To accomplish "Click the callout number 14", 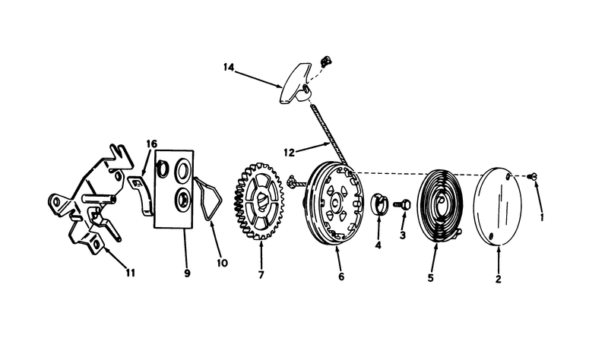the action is tap(229, 68).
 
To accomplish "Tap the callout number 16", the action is tap(151, 144).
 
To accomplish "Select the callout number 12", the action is tap(290, 153).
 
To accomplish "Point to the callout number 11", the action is tap(130, 273).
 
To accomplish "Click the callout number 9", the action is tap(187, 273).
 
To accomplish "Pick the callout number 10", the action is tap(222, 263).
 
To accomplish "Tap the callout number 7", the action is tap(261, 275).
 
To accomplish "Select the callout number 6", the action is tap(341, 276).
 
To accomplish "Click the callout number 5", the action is tap(430, 278).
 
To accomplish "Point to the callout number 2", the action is tap(499, 279).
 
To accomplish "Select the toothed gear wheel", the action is tap(259, 201).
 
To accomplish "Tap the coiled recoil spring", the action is tap(441, 204).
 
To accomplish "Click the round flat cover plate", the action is tap(499, 206).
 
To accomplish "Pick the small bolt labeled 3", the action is tap(402, 204).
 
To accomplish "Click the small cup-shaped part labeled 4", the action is tap(379, 203).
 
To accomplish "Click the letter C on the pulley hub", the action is tap(335, 203).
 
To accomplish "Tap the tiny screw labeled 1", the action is tap(532, 176).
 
